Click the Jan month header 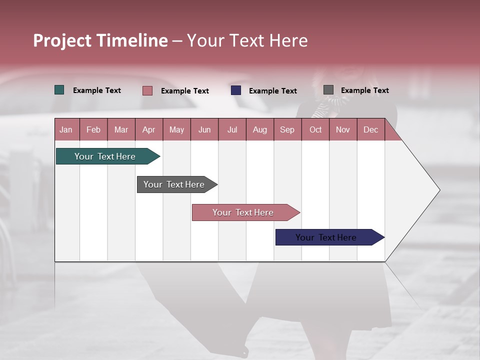66,129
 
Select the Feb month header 93,129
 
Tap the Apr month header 148,129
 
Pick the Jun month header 204,129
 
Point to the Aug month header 259,129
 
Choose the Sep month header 287,129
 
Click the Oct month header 315,129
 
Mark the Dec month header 370,129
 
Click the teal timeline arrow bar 105,156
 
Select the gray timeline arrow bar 174,184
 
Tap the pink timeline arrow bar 243,212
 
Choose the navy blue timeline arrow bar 326,237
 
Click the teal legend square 59,90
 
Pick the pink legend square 147,90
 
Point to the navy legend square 236,90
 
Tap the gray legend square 328,90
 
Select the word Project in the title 63,40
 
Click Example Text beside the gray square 364,90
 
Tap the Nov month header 343,129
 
